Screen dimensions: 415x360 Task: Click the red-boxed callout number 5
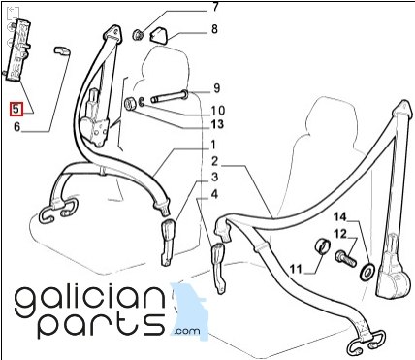coord(16,109)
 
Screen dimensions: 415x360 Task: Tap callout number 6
coord(17,126)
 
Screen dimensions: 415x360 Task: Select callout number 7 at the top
coord(215,7)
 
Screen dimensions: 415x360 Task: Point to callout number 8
coord(214,29)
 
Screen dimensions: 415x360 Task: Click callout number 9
coord(217,88)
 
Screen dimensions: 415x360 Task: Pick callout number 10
coord(218,111)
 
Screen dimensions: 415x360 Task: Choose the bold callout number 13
coord(217,124)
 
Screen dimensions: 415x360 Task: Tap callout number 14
coord(340,217)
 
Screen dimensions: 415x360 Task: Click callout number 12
coord(340,234)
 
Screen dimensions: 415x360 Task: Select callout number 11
coord(296,269)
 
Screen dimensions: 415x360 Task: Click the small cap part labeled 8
coord(158,35)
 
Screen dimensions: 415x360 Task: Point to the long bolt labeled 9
coord(170,96)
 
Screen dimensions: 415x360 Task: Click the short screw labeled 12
coord(346,258)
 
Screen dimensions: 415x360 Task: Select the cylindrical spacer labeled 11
coord(323,246)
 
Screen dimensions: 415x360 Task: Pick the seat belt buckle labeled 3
coord(168,243)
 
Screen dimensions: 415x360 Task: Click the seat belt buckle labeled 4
coord(218,268)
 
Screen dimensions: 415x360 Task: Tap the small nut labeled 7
coord(138,34)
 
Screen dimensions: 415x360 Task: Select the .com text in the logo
coord(187,331)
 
